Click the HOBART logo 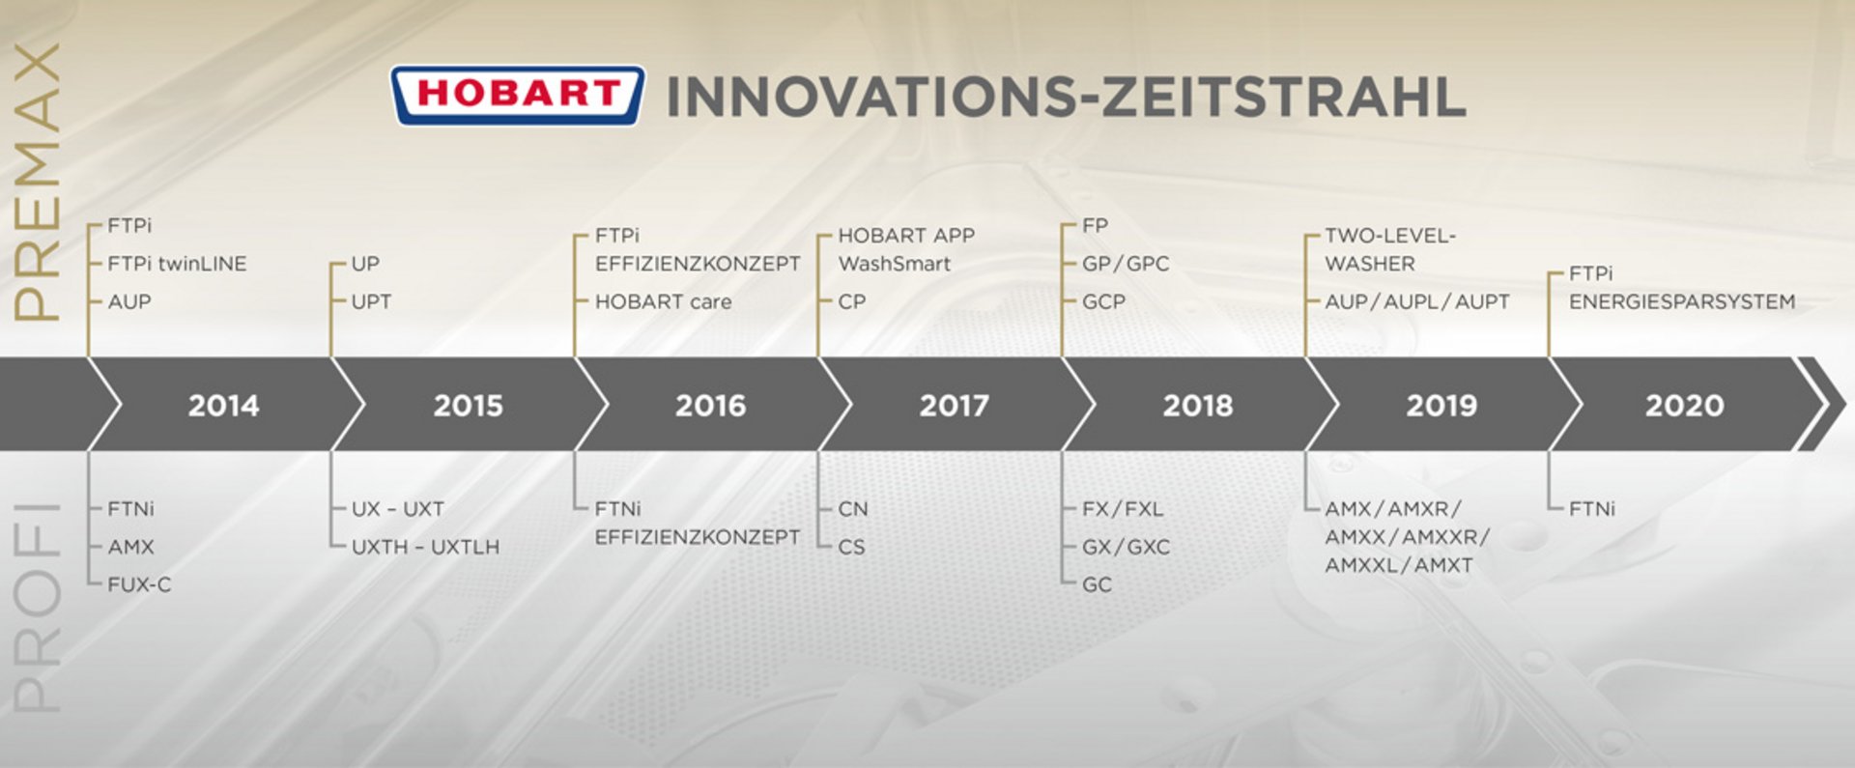[x=517, y=95]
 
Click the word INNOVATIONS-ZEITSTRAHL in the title [x=1066, y=98]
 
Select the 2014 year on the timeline [x=223, y=405]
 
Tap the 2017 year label [x=954, y=405]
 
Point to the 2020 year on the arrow [x=1684, y=405]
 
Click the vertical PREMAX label [x=37, y=182]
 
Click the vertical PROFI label [x=37, y=608]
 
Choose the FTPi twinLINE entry [x=177, y=264]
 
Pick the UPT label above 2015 [x=371, y=301]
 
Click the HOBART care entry [x=663, y=301]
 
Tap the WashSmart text [x=894, y=264]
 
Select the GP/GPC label [x=1126, y=264]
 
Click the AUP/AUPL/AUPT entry [x=1417, y=301]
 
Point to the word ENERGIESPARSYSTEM [x=1682, y=301]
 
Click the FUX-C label [x=139, y=584]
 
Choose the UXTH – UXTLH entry [x=425, y=547]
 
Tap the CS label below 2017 [x=851, y=547]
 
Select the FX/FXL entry [x=1123, y=509]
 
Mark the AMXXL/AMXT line [x=1399, y=565]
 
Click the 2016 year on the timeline [x=710, y=405]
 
